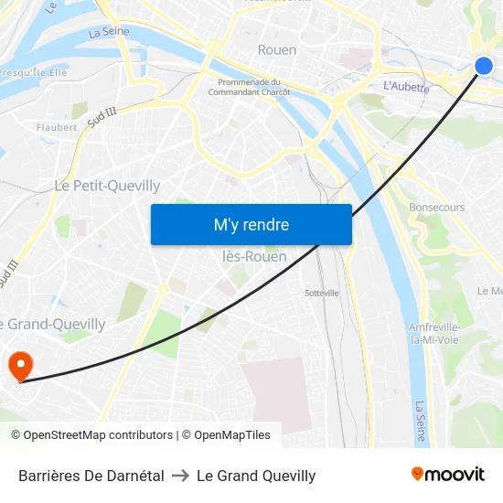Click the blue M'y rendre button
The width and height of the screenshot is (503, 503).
click(251, 224)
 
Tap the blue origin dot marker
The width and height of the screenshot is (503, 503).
click(484, 65)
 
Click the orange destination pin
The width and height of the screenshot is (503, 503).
click(20, 368)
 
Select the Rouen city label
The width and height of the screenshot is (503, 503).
click(277, 49)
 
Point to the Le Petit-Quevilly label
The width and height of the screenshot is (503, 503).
click(107, 186)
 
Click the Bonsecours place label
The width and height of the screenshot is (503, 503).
click(436, 208)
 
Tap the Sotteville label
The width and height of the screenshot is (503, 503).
click(321, 293)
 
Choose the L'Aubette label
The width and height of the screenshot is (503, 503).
click(406, 86)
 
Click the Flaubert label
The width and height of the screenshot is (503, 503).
click(57, 127)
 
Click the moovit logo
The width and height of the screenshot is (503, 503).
click(447, 475)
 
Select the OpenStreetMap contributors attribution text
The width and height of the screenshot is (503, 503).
click(98, 435)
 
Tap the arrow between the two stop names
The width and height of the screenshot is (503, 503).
click(180, 476)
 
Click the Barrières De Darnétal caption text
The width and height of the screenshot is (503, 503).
click(91, 476)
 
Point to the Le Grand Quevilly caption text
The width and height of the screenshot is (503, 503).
click(256, 476)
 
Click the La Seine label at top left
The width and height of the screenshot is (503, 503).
click(109, 32)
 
